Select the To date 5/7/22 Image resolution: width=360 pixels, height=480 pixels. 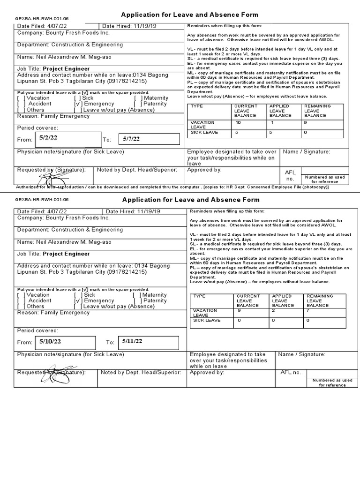131,139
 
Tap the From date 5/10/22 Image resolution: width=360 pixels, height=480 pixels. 50,342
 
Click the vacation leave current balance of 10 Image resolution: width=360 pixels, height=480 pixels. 238,122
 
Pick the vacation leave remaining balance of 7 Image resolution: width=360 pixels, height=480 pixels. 307,310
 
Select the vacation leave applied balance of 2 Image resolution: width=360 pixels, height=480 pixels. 274,310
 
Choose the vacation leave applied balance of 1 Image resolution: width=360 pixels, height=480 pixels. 272,122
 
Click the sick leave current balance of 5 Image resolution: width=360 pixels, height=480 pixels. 237,132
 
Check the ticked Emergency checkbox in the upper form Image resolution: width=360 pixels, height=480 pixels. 78,104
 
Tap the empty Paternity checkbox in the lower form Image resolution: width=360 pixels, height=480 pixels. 136,301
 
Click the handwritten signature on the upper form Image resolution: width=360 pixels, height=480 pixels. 52,178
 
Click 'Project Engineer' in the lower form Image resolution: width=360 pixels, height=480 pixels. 66,254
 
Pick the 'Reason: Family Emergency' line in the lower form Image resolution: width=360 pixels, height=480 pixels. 53,313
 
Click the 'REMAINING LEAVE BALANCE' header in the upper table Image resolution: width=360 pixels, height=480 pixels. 317,111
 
